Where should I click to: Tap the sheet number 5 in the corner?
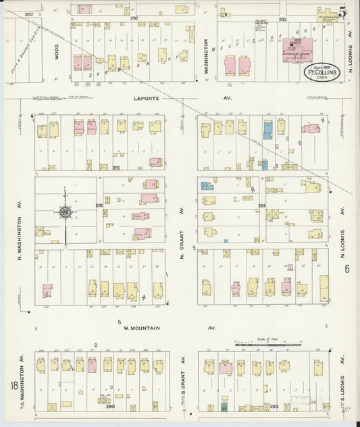pos(344,11)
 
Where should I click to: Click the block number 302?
pos(28,14)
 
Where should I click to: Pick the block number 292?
pos(134,18)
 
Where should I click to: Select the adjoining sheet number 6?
pos(346,268)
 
